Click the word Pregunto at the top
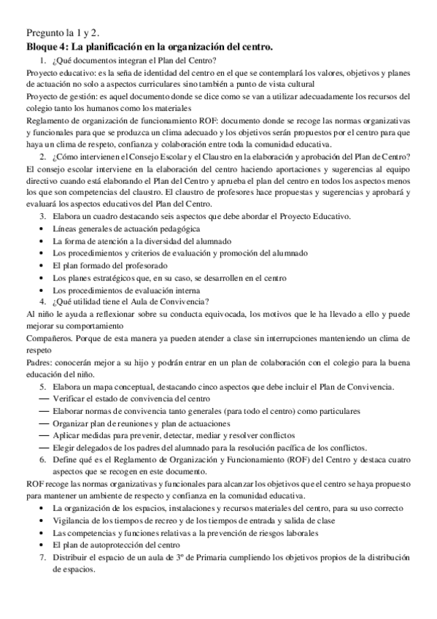(45, 34)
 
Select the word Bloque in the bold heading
(42, 47)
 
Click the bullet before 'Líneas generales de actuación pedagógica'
(43, 229)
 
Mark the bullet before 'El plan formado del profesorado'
(43, 266)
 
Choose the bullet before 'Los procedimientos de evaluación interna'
(43, 290)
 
